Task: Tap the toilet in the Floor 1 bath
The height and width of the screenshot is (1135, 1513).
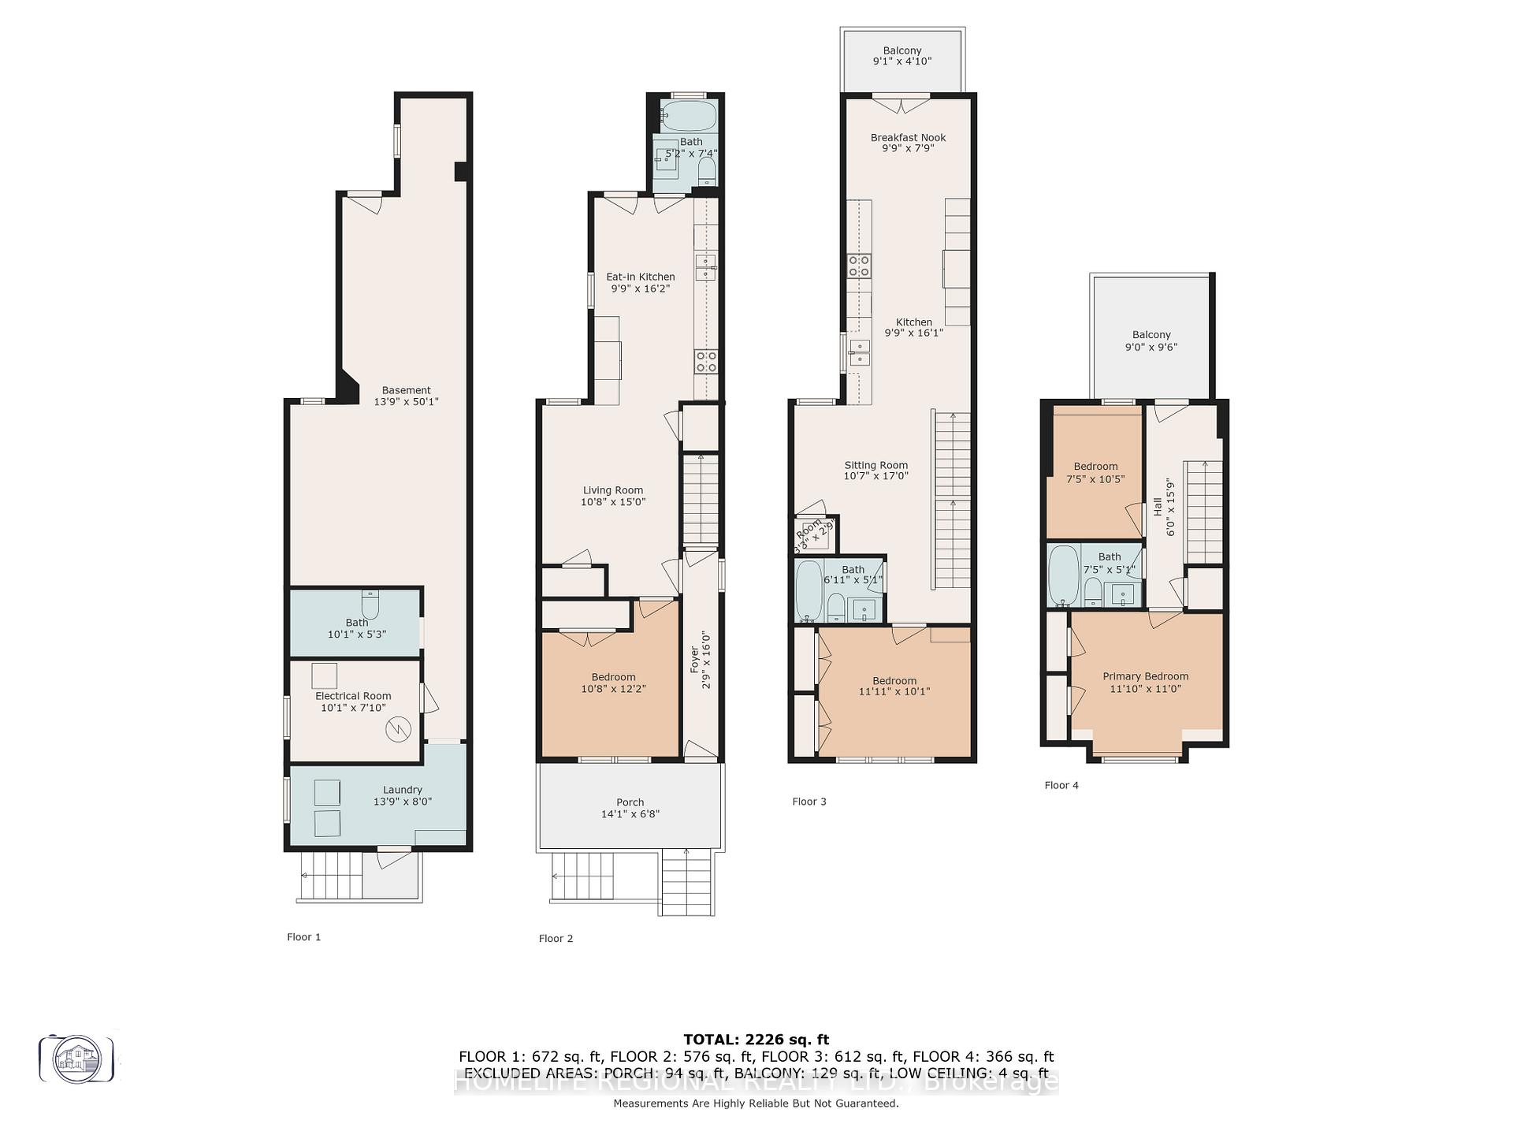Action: tap(370, 605)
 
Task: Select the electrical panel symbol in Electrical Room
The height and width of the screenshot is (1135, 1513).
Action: tap(398, 729)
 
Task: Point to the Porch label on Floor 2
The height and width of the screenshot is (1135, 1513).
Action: tap(630, 802)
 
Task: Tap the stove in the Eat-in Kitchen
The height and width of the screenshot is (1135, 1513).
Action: tap(706, 362)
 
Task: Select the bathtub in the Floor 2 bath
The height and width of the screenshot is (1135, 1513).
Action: tap(689, 116)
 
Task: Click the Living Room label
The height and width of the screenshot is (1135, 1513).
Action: tap(613, 490)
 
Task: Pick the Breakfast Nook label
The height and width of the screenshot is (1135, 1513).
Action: tap(908, 137)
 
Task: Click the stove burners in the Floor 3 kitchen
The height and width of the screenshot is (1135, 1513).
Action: tap(859, 266)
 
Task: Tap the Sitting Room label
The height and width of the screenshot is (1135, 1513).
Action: tap(875, 465)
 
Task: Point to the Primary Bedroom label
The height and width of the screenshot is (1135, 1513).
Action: tap(1145, 676)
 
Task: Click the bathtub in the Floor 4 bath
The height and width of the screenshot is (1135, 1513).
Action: tap(1063, 575)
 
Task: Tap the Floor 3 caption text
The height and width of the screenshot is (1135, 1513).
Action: tap(809, 802)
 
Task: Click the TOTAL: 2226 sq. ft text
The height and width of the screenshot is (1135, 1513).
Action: tap(756, 1040)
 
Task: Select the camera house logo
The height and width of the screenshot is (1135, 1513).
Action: tap(76, 1059)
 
